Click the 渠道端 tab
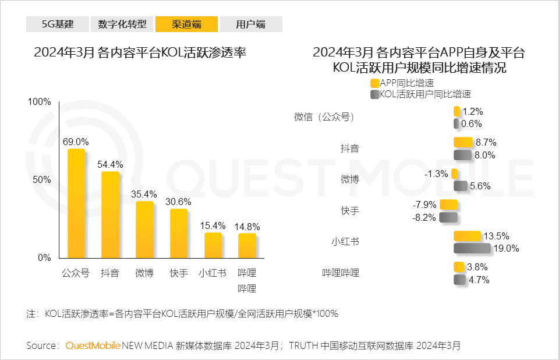point(187,24)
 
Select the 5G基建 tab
point(58,24)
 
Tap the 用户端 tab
point(251,24)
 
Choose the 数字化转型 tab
point(122,24)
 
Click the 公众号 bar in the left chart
point(76,203)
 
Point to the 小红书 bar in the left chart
point(213,245)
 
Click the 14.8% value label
point(247,227)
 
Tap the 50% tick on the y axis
point(40,179)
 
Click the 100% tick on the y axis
point(40,102)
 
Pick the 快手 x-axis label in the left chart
point(179,273)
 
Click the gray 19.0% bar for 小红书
point(472,248)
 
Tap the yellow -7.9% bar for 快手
point(448,204)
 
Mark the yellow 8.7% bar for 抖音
point(463,142)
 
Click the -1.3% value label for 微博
point(436,174)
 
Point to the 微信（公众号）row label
point(325,117)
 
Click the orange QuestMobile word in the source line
point(93,345)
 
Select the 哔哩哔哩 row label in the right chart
point(341,273)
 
